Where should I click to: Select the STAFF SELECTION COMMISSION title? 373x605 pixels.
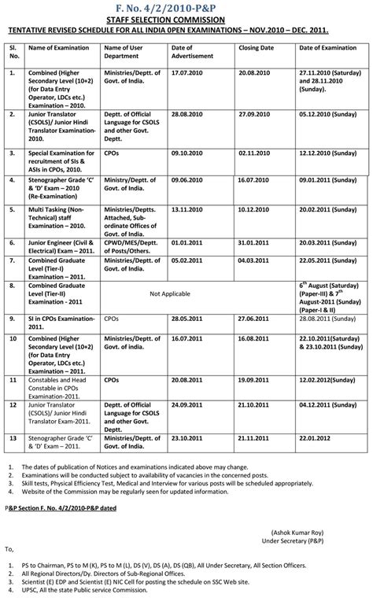[x=186, y=20]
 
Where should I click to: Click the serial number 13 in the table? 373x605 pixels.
[x=13, y=438]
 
